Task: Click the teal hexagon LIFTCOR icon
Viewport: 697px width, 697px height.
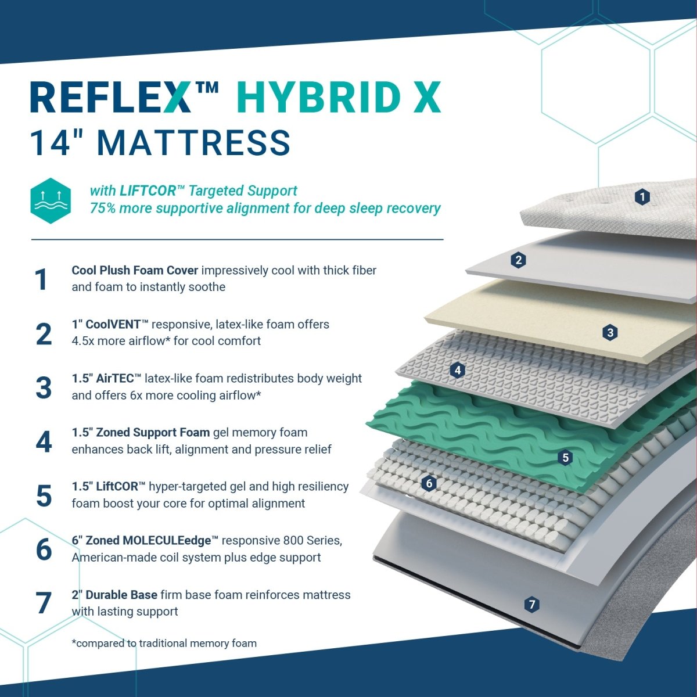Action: (51, 200)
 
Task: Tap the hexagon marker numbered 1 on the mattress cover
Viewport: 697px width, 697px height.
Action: (642, 197)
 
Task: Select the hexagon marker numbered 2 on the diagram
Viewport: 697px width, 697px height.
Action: (518, 260)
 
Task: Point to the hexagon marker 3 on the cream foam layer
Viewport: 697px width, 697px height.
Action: (610, 332)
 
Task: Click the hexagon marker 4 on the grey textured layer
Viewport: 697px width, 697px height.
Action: (458, 370)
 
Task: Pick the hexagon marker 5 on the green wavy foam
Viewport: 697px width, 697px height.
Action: (565, 458)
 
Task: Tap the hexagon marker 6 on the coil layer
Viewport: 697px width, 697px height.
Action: (429, 483)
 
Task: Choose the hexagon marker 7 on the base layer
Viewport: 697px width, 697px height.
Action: (531, 605)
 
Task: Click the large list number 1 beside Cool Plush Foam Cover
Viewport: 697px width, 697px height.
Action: (41, 279)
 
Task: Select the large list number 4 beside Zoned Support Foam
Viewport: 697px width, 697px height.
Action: (44, 441)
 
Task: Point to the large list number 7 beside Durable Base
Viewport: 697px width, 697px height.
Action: (44, 603)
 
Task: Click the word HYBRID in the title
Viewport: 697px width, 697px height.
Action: (319, 98)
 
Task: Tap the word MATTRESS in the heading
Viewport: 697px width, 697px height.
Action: (193, 143)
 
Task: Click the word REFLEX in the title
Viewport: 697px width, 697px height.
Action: (110, 98)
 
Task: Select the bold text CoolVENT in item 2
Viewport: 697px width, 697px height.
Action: (113, 325)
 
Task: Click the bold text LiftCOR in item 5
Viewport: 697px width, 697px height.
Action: (117, 487)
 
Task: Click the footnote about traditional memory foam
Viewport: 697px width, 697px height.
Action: (164, 643)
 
